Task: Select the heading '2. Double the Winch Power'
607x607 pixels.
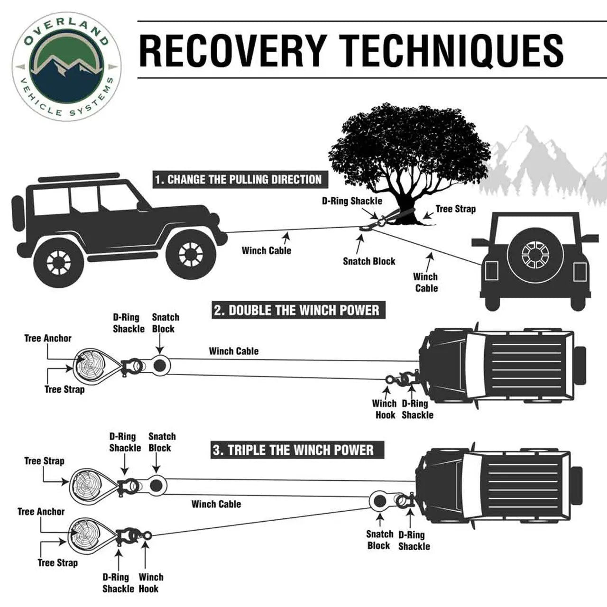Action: (x=296, y=311)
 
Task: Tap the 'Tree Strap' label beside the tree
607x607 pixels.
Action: (x=455, y=209)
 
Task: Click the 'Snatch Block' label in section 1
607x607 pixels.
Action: (x=369, y=261)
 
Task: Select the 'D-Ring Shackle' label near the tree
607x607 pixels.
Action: (x=352, y=201)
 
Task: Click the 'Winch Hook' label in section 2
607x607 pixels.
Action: (x=384, y=409)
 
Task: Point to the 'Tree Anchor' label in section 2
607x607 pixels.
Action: (x=48, y=338)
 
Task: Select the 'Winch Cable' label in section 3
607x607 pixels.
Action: (x=216, y=504)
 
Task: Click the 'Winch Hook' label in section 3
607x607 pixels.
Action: (x=151, y=583)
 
